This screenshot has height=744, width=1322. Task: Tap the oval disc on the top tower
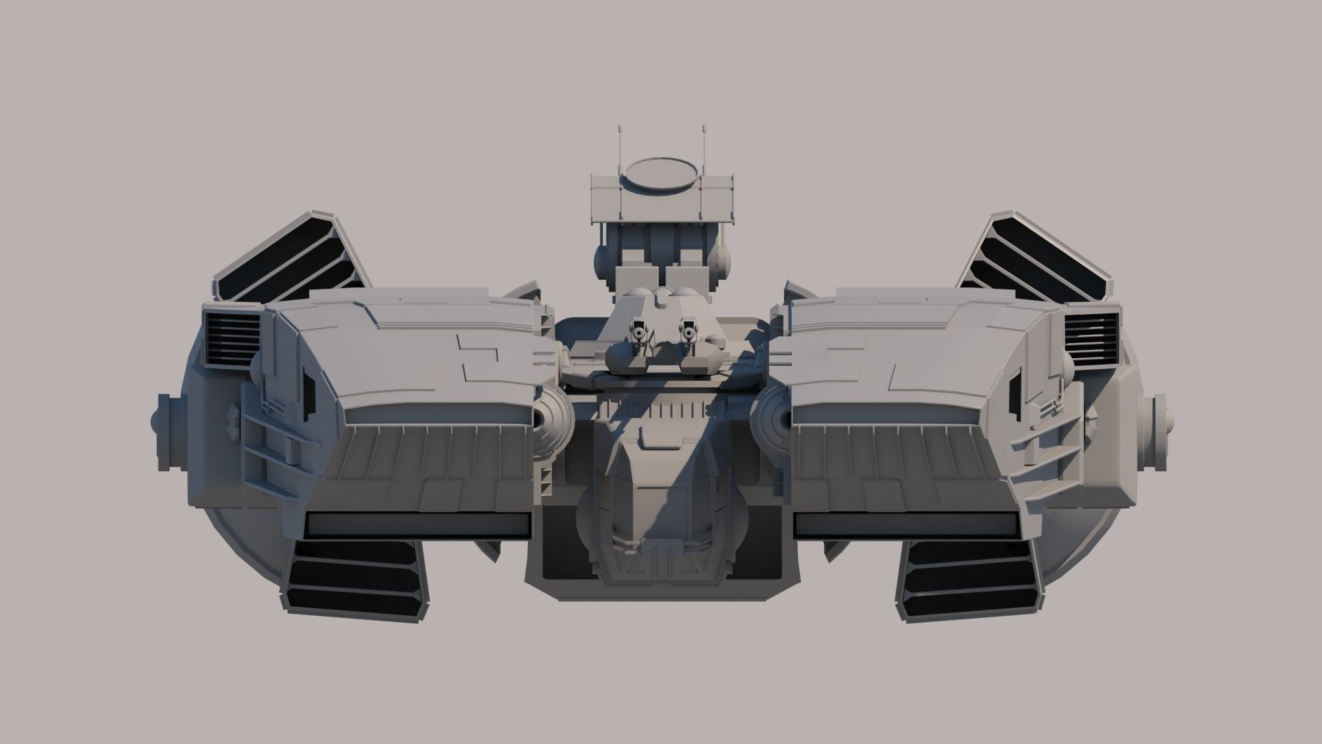point(660,174)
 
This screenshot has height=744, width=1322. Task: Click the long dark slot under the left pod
point(419,526)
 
